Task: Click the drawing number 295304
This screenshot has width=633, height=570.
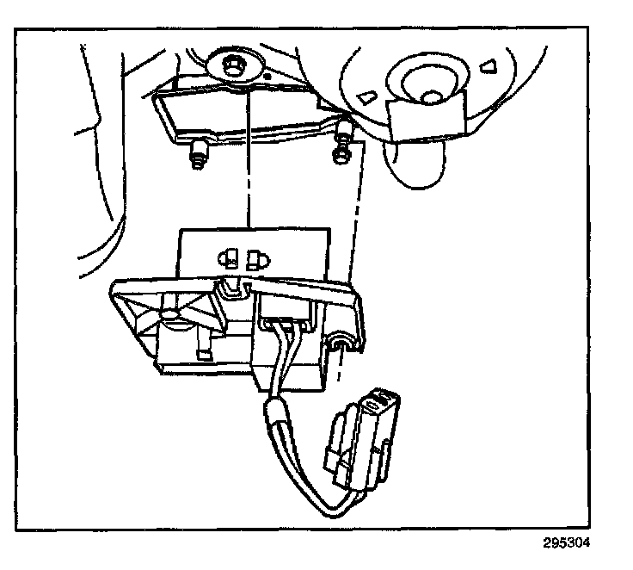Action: [567, 543]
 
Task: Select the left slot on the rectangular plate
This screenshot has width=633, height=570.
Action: [230, 256]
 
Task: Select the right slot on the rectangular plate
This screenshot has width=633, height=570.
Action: [255, 256]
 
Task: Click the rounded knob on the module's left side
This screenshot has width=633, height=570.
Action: [175, 319]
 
